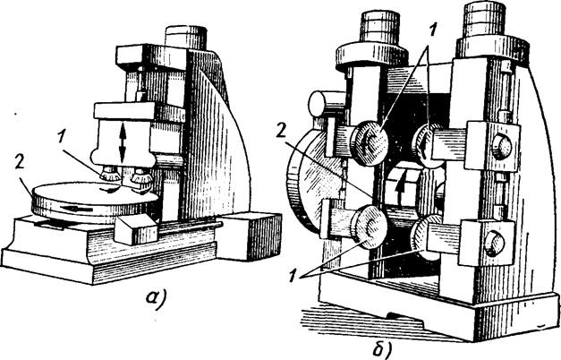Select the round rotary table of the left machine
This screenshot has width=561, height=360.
click(94, 201)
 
